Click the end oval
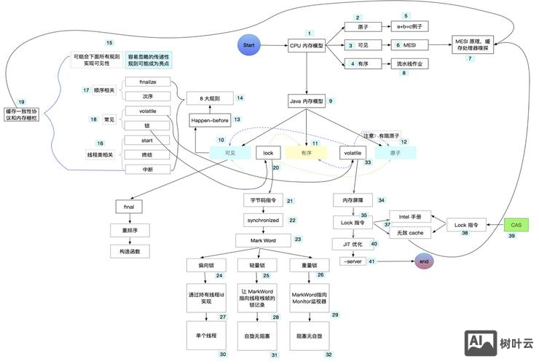tap(423, 261)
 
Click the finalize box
tap(148, 82)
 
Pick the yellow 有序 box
tap(306, 153)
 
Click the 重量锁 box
tap(310, 266)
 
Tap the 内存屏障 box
tap(353, 199)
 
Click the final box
tap(128, 207)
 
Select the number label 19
tap(21, 101)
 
